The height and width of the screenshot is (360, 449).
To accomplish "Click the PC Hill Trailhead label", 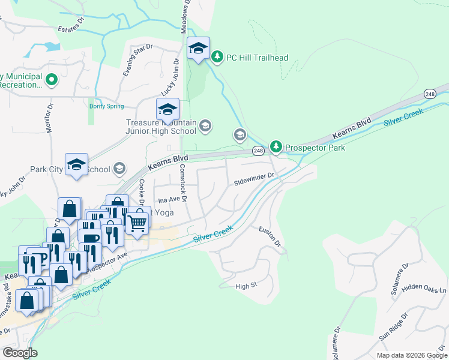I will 257,58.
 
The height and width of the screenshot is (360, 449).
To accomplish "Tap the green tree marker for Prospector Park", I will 276,146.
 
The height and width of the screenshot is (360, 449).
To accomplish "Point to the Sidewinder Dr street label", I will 254,177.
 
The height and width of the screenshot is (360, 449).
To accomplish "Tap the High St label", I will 246,286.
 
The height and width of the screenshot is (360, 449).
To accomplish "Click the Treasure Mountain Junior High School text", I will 161,127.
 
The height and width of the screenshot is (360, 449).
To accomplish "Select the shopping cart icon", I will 138,223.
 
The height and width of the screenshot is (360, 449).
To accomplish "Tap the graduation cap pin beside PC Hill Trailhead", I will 197,48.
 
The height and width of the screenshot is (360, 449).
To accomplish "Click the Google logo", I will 20,352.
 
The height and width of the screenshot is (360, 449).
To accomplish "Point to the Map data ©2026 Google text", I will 411,355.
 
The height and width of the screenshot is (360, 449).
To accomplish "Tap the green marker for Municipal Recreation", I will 52,79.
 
